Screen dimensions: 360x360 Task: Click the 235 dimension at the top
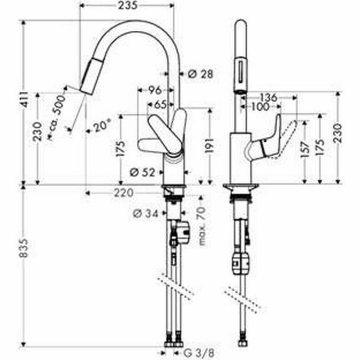[126, 6]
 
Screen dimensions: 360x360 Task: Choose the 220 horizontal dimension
[124, 193]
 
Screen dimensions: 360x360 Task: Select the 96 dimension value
[154, 89]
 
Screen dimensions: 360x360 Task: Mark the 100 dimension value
[260, 107]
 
